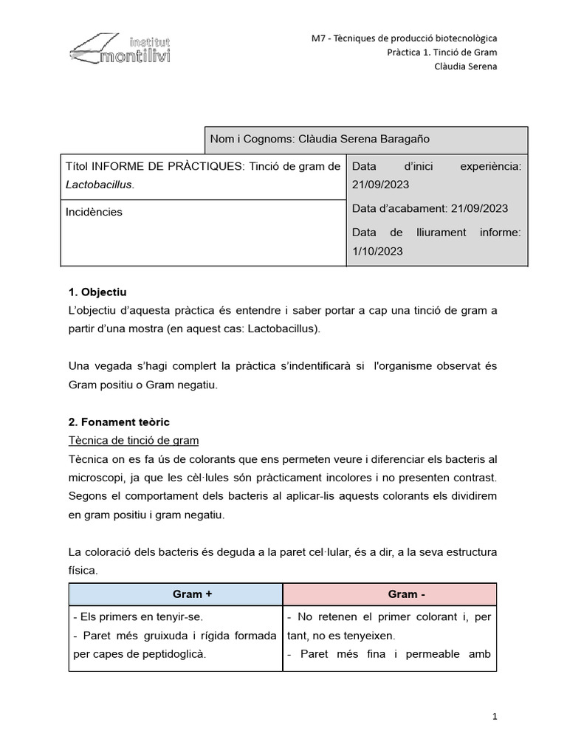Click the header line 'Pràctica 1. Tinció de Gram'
coord(442,52)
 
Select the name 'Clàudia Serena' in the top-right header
coord(465,66)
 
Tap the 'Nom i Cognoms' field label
coord(251,139)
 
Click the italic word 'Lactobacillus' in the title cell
coord(100,185)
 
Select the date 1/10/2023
coord(378,251)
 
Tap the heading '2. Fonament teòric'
coord(119,422)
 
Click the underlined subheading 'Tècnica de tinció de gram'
coord(134,441)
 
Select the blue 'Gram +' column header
coord(176,594)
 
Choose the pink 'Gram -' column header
coord(389,594)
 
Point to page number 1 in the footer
coord(495,716)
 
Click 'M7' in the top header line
coord(318,38)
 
